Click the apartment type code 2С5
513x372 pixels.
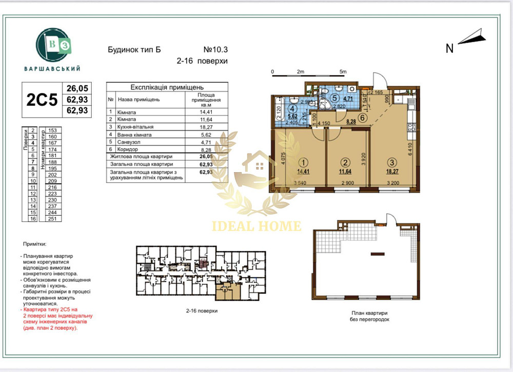[42, 99]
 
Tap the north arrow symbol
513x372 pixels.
[472, 38]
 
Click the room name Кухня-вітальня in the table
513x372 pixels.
[136, 126]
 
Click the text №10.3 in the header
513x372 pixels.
[215, 50]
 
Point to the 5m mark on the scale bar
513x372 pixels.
[343, 71]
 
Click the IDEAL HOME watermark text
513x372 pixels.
[257, 226]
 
